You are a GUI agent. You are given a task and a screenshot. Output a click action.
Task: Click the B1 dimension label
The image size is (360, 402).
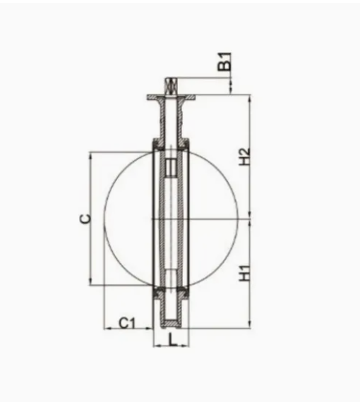(x=224, y=61)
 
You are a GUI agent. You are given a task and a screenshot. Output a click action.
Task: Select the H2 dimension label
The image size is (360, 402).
(x=244, y=157)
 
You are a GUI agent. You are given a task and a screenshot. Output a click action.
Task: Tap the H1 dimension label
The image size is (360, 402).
(x=244, y=273)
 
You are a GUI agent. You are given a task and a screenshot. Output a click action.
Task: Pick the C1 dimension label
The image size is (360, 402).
(x=127, y=323)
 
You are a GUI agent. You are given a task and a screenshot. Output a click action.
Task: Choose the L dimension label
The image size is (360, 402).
(x=173, y=340)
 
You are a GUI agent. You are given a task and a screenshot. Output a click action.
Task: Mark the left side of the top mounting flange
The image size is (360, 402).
(x=154, y=97)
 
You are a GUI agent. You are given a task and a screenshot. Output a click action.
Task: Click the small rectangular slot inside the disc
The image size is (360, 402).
(x=171, y=167)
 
